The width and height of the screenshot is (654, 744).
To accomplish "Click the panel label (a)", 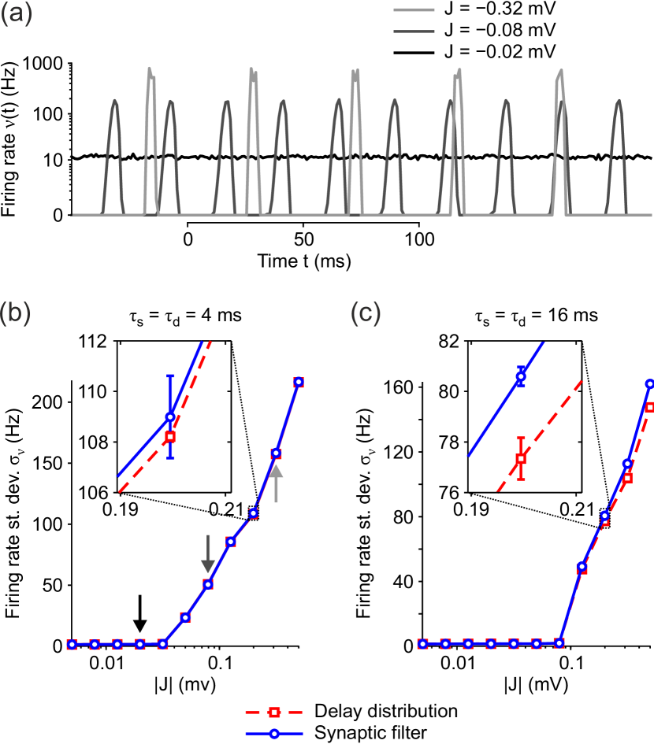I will pyautogui.click(x=17, y=15).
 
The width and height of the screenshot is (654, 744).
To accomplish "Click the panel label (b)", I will pyautogui.click(x=16, y=313).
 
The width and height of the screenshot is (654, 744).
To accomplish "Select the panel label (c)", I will pyautogui.click(x=366, y=313).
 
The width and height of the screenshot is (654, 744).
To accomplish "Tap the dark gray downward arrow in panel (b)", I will pyautogui.click(x=208, y=553).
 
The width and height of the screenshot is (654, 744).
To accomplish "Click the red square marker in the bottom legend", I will pyautogui.click(x=274, y=713).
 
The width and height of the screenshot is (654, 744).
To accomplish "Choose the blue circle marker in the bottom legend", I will pyautogui.click(x=274, y=734).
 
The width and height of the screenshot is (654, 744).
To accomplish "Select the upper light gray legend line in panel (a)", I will pyautogui.click(x=414, y=10).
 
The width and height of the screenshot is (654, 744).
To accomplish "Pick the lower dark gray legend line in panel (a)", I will pyautogui.click(x=414, y=31).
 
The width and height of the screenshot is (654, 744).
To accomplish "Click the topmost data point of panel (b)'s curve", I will pyautogui.click(x=299, y=383).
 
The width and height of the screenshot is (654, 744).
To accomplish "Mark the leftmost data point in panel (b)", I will pyautogui.click(x=72, y=644).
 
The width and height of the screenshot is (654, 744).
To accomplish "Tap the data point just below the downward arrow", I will pyautogui.click(x=208, y=584).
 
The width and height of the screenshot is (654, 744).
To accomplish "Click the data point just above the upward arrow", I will pyautogui.click(x=276, y=453).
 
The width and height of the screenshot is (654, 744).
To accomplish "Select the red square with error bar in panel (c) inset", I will pyautogui.click(x=521, y=458).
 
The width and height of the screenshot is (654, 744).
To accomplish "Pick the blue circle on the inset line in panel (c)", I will pyautogui.click(x=520, y=376).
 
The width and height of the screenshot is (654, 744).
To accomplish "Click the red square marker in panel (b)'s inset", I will pyautogui.click(x=170, y=436).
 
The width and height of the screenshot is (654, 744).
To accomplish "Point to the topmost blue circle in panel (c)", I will pyautogui.click(x=650, y=384).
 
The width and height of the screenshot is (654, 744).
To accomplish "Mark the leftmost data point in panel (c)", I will pyautogui.click(x=422, y=644).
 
